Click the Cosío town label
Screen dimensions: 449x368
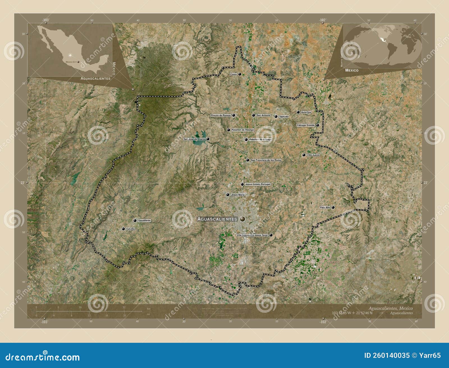[233, 74]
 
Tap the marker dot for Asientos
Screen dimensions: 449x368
[298, 112]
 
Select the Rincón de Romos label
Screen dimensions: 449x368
[221, 115]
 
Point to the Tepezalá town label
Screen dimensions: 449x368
[284, 117]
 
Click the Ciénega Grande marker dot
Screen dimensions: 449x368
[317, 125]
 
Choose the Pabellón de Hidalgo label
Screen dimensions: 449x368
[243, 130]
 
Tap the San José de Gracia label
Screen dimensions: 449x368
[194, 139]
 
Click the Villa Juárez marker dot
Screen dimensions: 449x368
[304, 155]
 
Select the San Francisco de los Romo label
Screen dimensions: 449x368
[266, 160]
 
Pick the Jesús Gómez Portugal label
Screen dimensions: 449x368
[258, 184]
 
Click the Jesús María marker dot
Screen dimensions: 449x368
[228, 195]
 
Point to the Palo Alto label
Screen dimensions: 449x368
[325, 208]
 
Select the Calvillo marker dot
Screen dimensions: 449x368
[123, 229]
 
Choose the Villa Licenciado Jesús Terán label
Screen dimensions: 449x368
[252, 235]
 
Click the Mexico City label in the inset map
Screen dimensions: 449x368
[71, 62]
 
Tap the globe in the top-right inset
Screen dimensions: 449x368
[382, 45]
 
